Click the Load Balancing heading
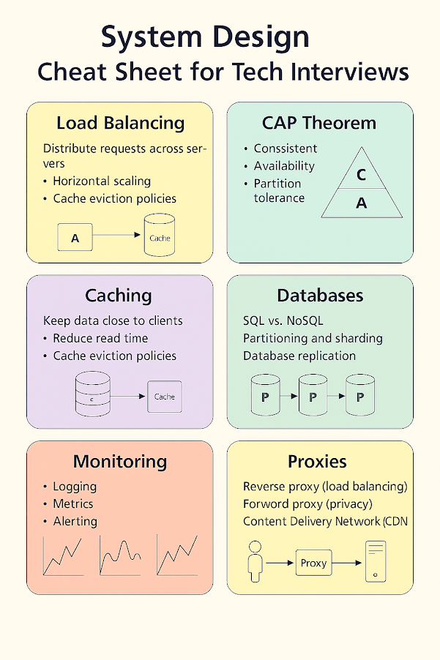[x=120, y=124]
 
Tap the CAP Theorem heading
[x=319, y=123]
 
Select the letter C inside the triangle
[x=361, y=175]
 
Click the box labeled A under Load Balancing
[x=75, y=237]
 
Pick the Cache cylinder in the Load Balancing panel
[x=160, y=235]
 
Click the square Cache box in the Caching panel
[x=165, y=397]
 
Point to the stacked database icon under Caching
[x=93, y=394]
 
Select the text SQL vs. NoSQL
[x=283, y=320]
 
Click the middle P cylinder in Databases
[x=313, y=395]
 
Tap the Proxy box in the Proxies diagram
[x=313, y=563]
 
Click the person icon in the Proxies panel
[x=256, y=562]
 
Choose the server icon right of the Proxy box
[x=376, y=561]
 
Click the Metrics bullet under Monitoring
[x=72, y=504]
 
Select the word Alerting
[x=75, y=522]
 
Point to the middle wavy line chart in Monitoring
[x=120, y=555]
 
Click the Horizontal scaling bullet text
[x=102, y=181]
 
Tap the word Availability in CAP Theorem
[x=284, y=166]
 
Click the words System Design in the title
[x=205, y=37]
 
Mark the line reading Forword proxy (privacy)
[x=307, y=504]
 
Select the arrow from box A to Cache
[x=116, y=235]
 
